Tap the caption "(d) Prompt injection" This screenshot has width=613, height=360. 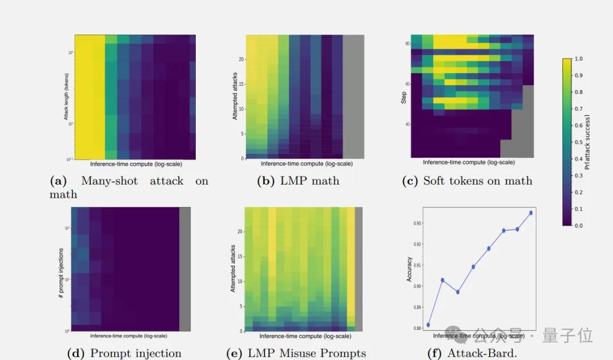124,353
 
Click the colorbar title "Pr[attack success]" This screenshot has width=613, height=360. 587,142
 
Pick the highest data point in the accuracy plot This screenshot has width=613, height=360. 531,213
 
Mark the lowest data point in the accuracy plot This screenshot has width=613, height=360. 428,325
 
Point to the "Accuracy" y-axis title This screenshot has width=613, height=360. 409,269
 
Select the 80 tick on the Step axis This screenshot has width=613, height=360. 407,44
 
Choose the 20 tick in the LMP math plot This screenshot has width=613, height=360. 241,59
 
